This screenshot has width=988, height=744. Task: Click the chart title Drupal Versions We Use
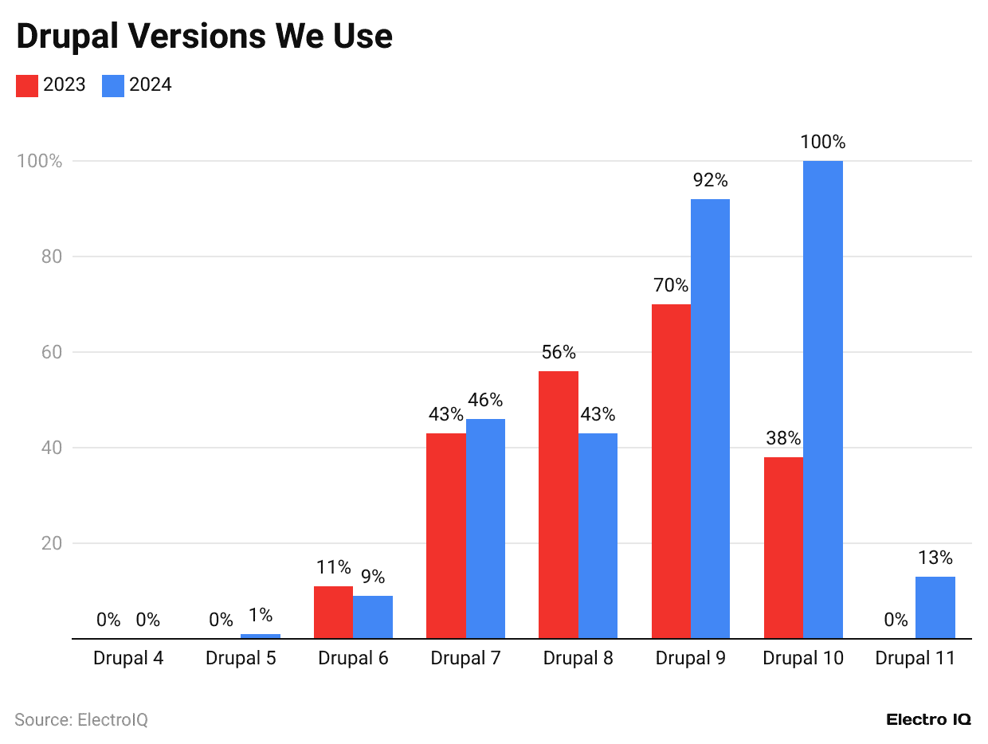204,37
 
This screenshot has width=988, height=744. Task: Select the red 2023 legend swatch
27,85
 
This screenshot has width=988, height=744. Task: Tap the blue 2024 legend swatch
113,85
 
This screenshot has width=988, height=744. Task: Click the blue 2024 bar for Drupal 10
822,398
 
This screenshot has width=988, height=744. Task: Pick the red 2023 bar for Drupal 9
671,470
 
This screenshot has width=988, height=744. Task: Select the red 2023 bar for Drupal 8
558,503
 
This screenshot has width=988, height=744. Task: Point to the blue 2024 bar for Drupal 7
485,527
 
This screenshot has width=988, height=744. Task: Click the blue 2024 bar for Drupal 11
935,607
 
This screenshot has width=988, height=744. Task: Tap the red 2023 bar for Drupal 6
333,612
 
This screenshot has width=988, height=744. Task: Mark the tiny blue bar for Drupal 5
261,636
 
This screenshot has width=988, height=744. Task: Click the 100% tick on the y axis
39,161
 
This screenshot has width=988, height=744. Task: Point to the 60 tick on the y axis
51,352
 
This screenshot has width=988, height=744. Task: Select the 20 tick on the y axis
51,543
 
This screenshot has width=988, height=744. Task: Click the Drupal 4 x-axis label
128,659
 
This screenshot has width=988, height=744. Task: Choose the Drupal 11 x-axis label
915,659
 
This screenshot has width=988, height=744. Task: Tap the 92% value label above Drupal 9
710,181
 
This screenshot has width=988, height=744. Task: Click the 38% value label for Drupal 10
783,438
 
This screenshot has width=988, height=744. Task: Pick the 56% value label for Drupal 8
558,352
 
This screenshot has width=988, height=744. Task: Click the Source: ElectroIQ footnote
81,719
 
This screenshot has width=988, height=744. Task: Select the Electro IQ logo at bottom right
928,719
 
